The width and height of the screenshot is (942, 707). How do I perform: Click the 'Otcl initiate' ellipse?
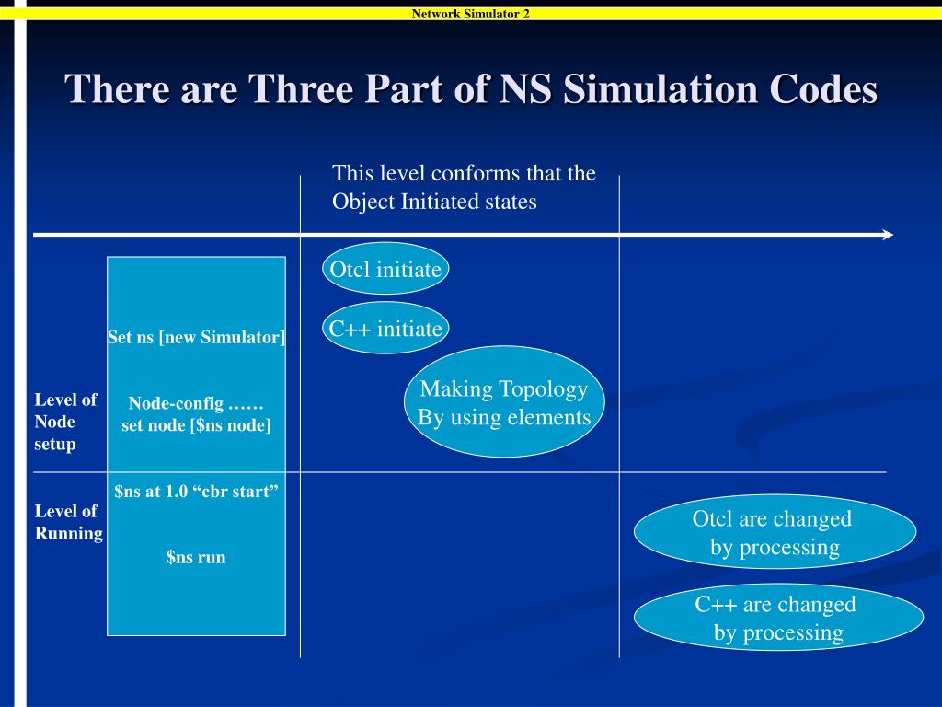pos(385,269)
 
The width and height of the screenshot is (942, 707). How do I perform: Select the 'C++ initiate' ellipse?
pos(385,328)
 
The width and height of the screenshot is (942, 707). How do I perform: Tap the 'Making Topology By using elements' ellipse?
pos(503,402)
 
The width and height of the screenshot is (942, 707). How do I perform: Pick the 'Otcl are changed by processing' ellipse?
pos(775,532)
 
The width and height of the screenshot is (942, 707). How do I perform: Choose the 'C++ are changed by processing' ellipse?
pos(777,618)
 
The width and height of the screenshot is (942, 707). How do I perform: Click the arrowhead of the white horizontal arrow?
pos(888,235)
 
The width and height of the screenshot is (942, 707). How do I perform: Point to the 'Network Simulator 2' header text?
pos(470,13)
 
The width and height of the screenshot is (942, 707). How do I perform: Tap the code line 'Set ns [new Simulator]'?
pos(196,337)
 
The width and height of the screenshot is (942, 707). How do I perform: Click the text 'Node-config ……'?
pos(196,403)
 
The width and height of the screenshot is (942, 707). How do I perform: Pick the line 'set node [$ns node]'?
pos(196,425)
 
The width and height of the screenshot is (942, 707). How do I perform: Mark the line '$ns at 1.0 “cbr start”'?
pos(196,491)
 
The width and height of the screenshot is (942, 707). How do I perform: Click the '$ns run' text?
pos(196,557)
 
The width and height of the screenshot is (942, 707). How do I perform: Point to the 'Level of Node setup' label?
pos(65,422)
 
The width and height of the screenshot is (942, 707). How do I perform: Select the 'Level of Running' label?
pos(68,522)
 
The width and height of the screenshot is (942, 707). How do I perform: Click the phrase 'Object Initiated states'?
pos(433,202)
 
